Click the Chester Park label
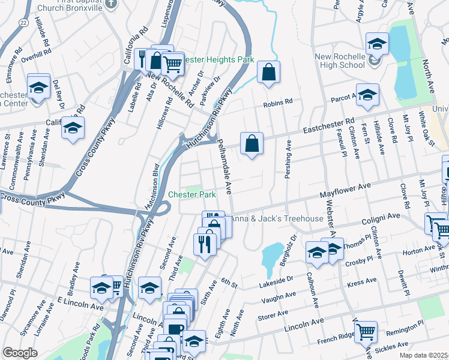coord(191,194)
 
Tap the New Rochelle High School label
coord(340,61)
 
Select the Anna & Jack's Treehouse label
coord(277,218)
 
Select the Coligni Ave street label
coord(381,215)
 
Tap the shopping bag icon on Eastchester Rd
coord(252,143)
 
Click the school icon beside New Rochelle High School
coord(376,43)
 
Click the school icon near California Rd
coord(73,128)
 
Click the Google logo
coord(20,353)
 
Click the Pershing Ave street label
coord(289,161)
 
